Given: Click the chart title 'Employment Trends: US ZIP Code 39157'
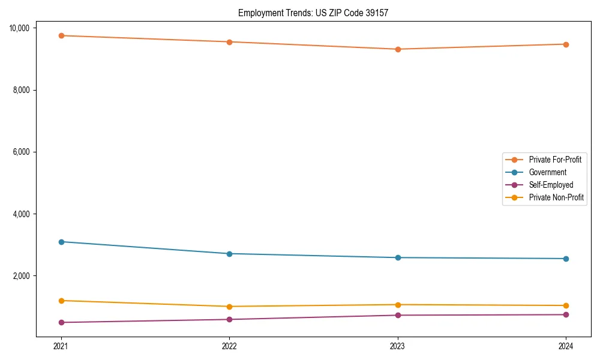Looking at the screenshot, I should (x=313, y=13).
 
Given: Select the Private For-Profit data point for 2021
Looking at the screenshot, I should (x=61, y=35).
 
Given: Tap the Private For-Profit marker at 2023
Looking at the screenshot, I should (x=398, y=49).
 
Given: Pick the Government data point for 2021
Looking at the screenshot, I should (x=61, y=242).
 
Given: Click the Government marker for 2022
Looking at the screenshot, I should (x=229, y=254).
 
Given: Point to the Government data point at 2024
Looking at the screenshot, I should (x=566, y=259).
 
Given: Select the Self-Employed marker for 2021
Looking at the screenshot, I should (x=61, y=322).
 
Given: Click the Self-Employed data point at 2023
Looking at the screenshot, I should (x=398, y=315).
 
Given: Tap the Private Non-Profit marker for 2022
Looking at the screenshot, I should (x=229, y=307).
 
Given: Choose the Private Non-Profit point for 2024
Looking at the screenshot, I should (x=566, y=305).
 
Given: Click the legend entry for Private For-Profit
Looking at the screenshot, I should (x=555, y=160).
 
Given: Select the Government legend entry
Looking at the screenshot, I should (x=547, y=172).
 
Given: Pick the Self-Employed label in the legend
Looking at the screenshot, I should (x=551, y=185).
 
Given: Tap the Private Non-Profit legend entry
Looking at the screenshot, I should (x=556, y=197).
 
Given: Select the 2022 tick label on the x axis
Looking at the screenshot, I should (x=229, y=346).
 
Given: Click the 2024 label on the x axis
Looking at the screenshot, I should (x=566, y=346).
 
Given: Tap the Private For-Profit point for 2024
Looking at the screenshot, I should (x=566, y=44).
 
